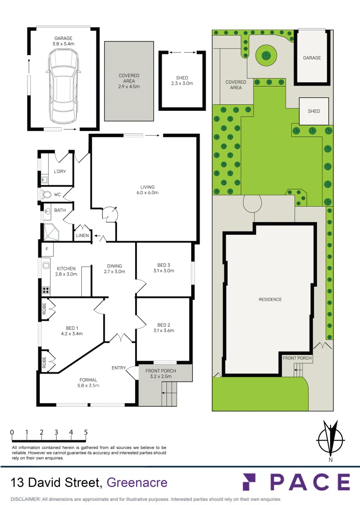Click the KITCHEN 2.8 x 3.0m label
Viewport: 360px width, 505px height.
(66, 271)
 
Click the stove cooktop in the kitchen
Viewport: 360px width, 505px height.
(46, 290)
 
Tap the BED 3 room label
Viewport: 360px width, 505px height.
(163, 268)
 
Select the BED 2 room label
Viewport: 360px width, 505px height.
(163, 328)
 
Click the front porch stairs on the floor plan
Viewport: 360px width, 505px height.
(169, 393)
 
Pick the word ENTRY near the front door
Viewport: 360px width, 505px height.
(119, 368)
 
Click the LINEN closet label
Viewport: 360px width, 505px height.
(83, 236)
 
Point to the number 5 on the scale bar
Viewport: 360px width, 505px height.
(86, 433)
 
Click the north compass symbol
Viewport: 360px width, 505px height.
(331, 440)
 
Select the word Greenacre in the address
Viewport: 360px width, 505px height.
(137, 482)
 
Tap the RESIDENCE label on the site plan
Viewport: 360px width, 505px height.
(270, 299)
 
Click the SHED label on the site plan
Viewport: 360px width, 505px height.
(314, 111)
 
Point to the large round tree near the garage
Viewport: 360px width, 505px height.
(266, 56)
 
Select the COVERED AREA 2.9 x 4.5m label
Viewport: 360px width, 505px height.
(129, 81)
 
